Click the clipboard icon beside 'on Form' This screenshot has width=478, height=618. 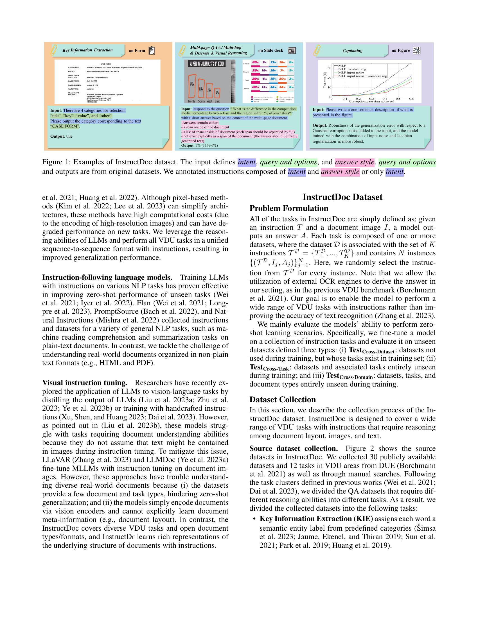tap(152, 51)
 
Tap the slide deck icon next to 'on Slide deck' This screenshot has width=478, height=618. tap(292, 51)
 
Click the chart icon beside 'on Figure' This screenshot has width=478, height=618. tap(416, 51)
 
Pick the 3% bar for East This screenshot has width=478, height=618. tap(217, 92)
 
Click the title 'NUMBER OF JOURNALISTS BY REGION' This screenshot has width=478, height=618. tap(207, 64)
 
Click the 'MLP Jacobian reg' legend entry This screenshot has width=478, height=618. tap(352, 69)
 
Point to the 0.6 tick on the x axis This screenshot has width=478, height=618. tap(411, 99)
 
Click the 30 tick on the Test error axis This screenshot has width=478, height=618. tap(329, 68)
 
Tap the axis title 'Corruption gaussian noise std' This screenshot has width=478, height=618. tap(371, 101)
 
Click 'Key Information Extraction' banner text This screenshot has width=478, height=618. tap(87, 50)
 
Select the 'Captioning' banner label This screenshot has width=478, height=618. tap(352, 51)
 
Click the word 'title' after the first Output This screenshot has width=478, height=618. tap(69, 137)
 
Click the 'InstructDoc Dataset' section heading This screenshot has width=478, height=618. tap(342, 197)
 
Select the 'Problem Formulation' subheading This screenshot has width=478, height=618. tap(289, 208)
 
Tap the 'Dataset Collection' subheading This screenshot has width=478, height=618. tap(282, 399)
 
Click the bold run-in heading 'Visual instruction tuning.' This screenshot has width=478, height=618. tap(84, 383)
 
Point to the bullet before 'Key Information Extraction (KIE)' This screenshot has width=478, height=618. tap(254, 519)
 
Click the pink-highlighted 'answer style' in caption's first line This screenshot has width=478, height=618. tap(355, 162)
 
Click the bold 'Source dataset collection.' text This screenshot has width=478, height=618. tap(293, 449)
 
